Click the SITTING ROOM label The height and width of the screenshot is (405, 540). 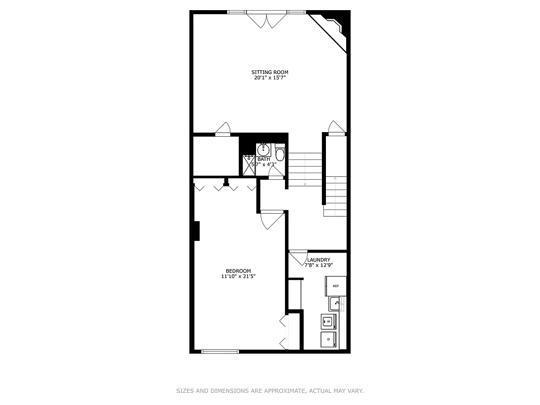(x=270, y=72)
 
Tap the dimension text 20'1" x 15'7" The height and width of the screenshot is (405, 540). (x=270, y=78)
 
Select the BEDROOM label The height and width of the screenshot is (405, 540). (x=238, y=271)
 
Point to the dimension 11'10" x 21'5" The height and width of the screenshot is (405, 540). (x=238, y=276)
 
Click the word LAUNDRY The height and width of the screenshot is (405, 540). (x=319, y=260)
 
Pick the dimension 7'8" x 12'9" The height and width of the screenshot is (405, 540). (x=319, y=265)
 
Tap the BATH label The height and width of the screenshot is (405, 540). (x=263, y=159)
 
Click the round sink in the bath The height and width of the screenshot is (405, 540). (x=263, y=150)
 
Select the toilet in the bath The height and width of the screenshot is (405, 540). (x=280, y=153)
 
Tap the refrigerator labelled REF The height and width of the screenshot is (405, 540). (x=336, y=286)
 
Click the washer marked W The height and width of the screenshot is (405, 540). (x=328, y=321)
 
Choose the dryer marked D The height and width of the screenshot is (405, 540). (x=328, y=339)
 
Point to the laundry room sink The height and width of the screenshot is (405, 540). (x=336, y=304)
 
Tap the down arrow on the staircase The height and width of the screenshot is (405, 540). (x=305, y=184)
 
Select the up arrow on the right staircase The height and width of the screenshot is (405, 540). (x=335, y=178)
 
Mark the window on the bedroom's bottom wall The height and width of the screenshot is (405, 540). (x=220, y=351)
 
